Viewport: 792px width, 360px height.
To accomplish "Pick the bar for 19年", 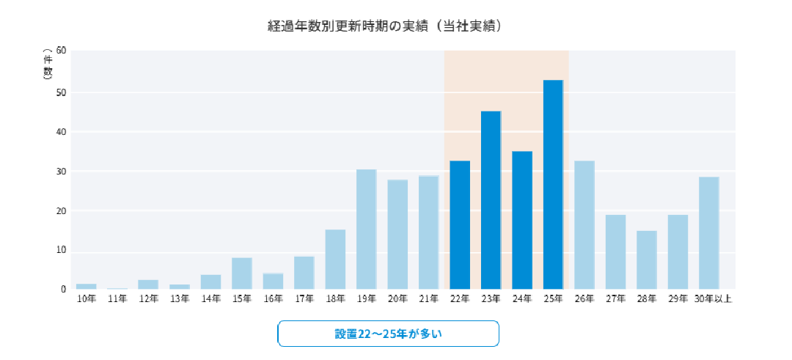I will point(366,229).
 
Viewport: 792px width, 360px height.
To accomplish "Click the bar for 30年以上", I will point(708,233).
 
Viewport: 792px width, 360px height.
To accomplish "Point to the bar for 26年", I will point(584,225).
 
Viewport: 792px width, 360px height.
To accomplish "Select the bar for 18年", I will point(335,260).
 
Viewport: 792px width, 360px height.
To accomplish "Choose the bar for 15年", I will point(242,273).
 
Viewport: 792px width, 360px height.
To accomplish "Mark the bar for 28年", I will point(646,260).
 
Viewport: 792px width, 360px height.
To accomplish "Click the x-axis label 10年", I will point(87,298).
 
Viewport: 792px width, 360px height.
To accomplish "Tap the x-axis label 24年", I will point(522,298).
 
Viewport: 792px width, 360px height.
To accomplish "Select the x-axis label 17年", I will point(304,298).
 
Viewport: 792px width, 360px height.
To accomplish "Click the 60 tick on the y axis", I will point(61,51).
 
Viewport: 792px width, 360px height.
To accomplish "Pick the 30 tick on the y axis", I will point(61,172).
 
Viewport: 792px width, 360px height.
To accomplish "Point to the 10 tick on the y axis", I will point(61,251).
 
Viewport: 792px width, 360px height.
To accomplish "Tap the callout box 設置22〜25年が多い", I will point(388,334).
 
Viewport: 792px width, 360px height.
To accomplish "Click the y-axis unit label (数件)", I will point(48,64).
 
